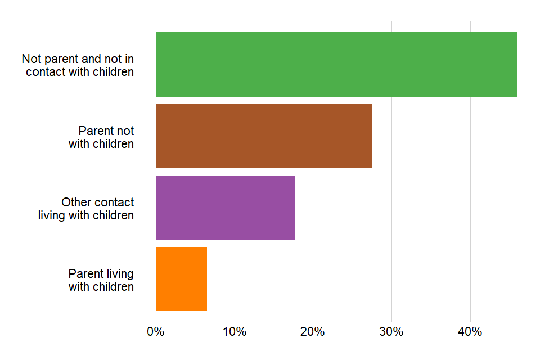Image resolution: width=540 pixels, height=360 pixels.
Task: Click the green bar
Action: [x=336, y=64]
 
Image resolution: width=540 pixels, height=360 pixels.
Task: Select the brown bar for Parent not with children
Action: [x=263, y=136]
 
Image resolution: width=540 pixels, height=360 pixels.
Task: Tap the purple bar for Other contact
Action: [x=225, y=207]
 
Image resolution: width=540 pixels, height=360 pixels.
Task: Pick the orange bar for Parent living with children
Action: [x=181, y=279]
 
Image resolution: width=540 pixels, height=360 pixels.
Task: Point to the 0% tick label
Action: [x=156, y=332]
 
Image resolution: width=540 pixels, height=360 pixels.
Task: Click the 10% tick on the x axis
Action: [x=235, y=332]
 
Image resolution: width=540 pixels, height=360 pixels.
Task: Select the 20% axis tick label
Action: [x=313, y=332]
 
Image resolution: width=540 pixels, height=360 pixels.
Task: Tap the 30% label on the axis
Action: [x=391, y=332]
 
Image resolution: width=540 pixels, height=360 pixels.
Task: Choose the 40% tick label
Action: [x=470, y=332]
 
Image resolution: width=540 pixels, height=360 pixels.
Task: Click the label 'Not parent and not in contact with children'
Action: [x=78, y=65]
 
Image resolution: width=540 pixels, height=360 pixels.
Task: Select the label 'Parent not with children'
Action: [x=101, y=137]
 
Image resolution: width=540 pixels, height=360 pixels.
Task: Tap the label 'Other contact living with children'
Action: [x=86, y=209]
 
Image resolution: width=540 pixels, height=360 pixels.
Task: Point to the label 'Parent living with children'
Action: [x=101, y=280]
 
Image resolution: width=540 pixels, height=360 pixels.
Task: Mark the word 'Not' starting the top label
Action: [x=31, y=59]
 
